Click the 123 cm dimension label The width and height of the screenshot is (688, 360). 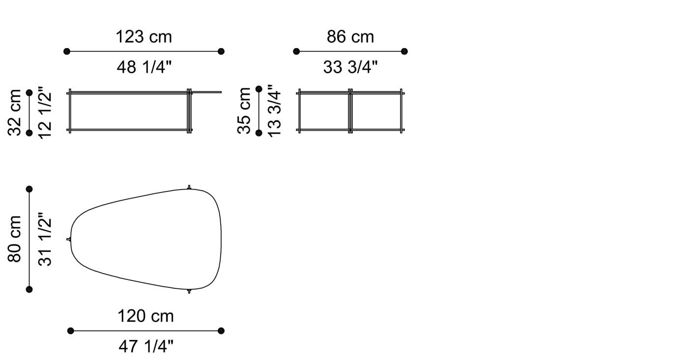coord(143,37)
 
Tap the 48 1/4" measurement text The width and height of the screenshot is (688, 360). coord(143,67)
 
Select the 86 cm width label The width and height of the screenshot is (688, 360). coord(350,37)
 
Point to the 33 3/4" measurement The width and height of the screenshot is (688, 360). coord(350,67)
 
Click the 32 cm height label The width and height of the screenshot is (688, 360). coord(15,112)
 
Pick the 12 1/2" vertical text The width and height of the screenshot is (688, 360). coord(45,112)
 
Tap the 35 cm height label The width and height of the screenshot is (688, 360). coord(244,111)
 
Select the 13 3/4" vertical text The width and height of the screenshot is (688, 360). coord(274,111)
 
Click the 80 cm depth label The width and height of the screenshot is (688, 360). coord(15,239)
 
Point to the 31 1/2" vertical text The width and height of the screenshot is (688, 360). coord(45,239)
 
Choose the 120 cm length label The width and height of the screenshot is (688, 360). coord(145,316)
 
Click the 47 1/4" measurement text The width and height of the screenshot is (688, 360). coord(145,347)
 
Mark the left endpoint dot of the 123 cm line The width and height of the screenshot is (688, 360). coord(67,51)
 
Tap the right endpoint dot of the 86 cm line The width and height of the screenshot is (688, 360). coord(404,51)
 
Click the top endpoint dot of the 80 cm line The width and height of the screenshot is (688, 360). coord(29,189)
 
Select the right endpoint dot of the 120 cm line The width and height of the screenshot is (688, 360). coord(221,331)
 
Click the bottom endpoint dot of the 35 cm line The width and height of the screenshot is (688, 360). coord(259,132)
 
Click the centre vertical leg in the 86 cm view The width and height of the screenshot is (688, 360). coord(350,111)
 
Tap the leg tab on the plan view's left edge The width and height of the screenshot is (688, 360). coord(69,239)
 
